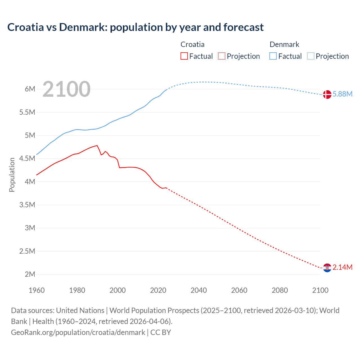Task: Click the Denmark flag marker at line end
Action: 327,94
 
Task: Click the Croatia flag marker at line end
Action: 327,268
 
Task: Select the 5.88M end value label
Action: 343,94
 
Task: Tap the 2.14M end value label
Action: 343,267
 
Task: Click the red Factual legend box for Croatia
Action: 184,56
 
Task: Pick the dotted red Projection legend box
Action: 222,56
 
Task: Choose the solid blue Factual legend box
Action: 273,56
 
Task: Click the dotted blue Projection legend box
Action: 311,56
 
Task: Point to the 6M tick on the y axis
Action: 30,89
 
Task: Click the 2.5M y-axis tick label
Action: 27,251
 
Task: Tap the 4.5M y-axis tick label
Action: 27,159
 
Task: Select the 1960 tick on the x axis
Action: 37,290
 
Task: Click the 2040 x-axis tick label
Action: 199,290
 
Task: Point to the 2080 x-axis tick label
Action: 280,290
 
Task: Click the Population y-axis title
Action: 12,175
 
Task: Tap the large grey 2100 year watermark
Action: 66,89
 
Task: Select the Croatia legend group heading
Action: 192,44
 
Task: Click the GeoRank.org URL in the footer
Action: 78,332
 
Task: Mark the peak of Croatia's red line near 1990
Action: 97,145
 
